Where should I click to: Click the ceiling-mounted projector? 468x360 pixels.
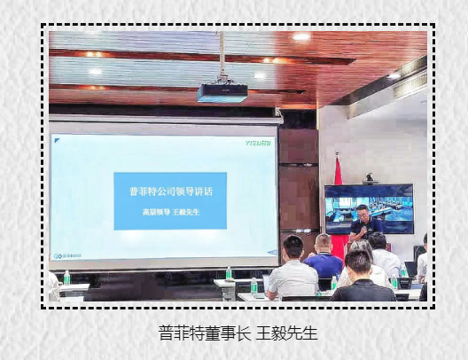[x=222, y=91]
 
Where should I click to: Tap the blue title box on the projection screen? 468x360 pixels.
[x=170, y=200]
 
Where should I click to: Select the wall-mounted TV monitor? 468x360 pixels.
[x=368, y=209]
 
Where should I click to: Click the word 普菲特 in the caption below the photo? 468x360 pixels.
[x=181, y=333]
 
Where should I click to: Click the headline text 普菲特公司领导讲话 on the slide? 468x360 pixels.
[x=170, y=190]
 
